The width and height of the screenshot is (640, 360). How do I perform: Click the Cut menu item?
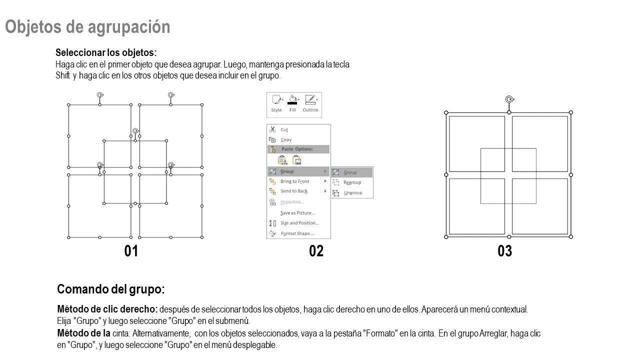(284, 129)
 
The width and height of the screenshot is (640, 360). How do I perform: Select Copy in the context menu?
(285, 139)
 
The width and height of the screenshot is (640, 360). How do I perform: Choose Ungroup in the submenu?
(352, 193)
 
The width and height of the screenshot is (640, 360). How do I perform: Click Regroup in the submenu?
(352, 182)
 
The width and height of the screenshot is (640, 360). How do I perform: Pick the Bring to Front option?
(294, 181)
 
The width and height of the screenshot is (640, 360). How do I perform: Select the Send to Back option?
(293, 191)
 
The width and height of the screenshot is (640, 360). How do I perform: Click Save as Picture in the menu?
(297, 213)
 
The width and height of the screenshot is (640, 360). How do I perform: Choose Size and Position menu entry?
(299, 223)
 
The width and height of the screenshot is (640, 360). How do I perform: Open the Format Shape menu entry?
(297, 233)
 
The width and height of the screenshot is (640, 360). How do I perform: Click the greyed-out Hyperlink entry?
(292, 202)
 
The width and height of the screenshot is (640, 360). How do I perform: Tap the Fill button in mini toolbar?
(292, 103)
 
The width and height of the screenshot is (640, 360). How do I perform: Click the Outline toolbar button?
(310, 103)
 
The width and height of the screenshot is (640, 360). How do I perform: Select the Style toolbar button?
(276, 103)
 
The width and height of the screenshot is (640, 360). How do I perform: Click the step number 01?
(131, 251)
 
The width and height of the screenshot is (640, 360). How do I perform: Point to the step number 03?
(505, 251)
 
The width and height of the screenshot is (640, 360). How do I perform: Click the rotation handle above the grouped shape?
(509, 99)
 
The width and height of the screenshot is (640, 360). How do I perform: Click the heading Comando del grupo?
(111, 289)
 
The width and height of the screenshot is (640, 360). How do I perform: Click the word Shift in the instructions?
(62, 75)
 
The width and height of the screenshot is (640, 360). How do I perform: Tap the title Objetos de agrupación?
(87, 27)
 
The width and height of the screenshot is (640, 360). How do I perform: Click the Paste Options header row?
(298, 149)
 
